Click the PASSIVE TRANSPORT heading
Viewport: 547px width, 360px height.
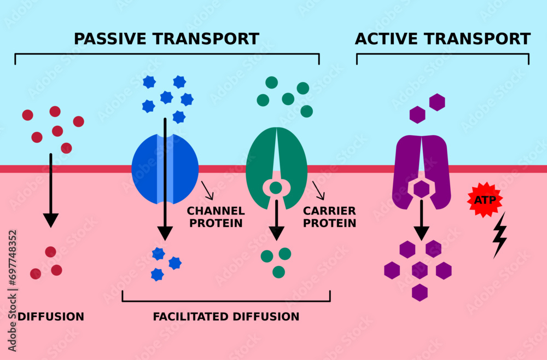[166, 39]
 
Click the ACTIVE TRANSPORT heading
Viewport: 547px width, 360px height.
[443, 39]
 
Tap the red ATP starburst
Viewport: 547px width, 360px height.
[485, 200]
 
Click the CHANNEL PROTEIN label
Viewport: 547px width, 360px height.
[216, 217]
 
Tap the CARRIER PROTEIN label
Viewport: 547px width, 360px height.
[330, 217]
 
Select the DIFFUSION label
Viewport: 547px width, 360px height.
[51, 317]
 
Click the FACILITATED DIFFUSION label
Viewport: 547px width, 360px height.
[226, 317]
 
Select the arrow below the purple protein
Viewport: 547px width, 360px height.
[421, 219]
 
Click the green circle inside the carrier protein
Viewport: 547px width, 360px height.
[276, 188]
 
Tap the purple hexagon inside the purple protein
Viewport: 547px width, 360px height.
[421, 189]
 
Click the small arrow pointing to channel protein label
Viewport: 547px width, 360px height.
[207, 190]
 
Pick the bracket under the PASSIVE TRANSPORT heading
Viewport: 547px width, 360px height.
[167, 54]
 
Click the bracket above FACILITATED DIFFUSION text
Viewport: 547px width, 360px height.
[226, 300]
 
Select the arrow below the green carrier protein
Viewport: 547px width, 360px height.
[277, 219]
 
